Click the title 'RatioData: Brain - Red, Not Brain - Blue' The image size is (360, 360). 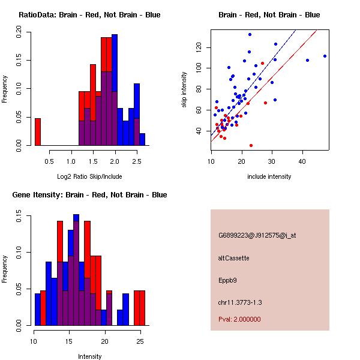click(x=89, y=15)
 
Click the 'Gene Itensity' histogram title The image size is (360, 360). click(x=89, y=195)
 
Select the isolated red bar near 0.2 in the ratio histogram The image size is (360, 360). click(x=38, y=131)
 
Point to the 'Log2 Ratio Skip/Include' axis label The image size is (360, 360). click(x=89, y=176)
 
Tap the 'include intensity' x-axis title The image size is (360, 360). click(x=269, y=176)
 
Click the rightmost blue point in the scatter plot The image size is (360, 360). click(x=325, y=56)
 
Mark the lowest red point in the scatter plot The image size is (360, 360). click(x=251, y=145)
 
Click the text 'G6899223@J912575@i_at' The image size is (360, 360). click(x=257, y=235)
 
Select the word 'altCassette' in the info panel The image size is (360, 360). click(x=234, y=258)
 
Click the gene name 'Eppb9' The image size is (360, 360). click(x=227, y=280)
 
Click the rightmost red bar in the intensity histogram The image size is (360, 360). click(x=142, y=308)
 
